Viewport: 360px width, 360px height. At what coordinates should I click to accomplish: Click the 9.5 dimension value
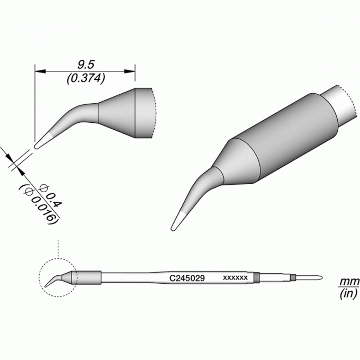click(86, 65)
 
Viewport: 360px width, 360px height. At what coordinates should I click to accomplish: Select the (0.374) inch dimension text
click(86, 78)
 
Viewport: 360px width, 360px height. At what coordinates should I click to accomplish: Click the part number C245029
click(187, 278)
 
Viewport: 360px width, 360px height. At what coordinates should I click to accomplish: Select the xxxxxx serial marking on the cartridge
click(236, 278)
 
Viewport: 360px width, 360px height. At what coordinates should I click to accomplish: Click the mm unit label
click(349, 281)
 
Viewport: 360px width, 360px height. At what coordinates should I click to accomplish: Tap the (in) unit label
click(348, 293)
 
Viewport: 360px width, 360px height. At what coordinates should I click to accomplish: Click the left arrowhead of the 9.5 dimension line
click(40, 71)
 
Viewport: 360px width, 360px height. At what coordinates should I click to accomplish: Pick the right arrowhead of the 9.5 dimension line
click(130, 71)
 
